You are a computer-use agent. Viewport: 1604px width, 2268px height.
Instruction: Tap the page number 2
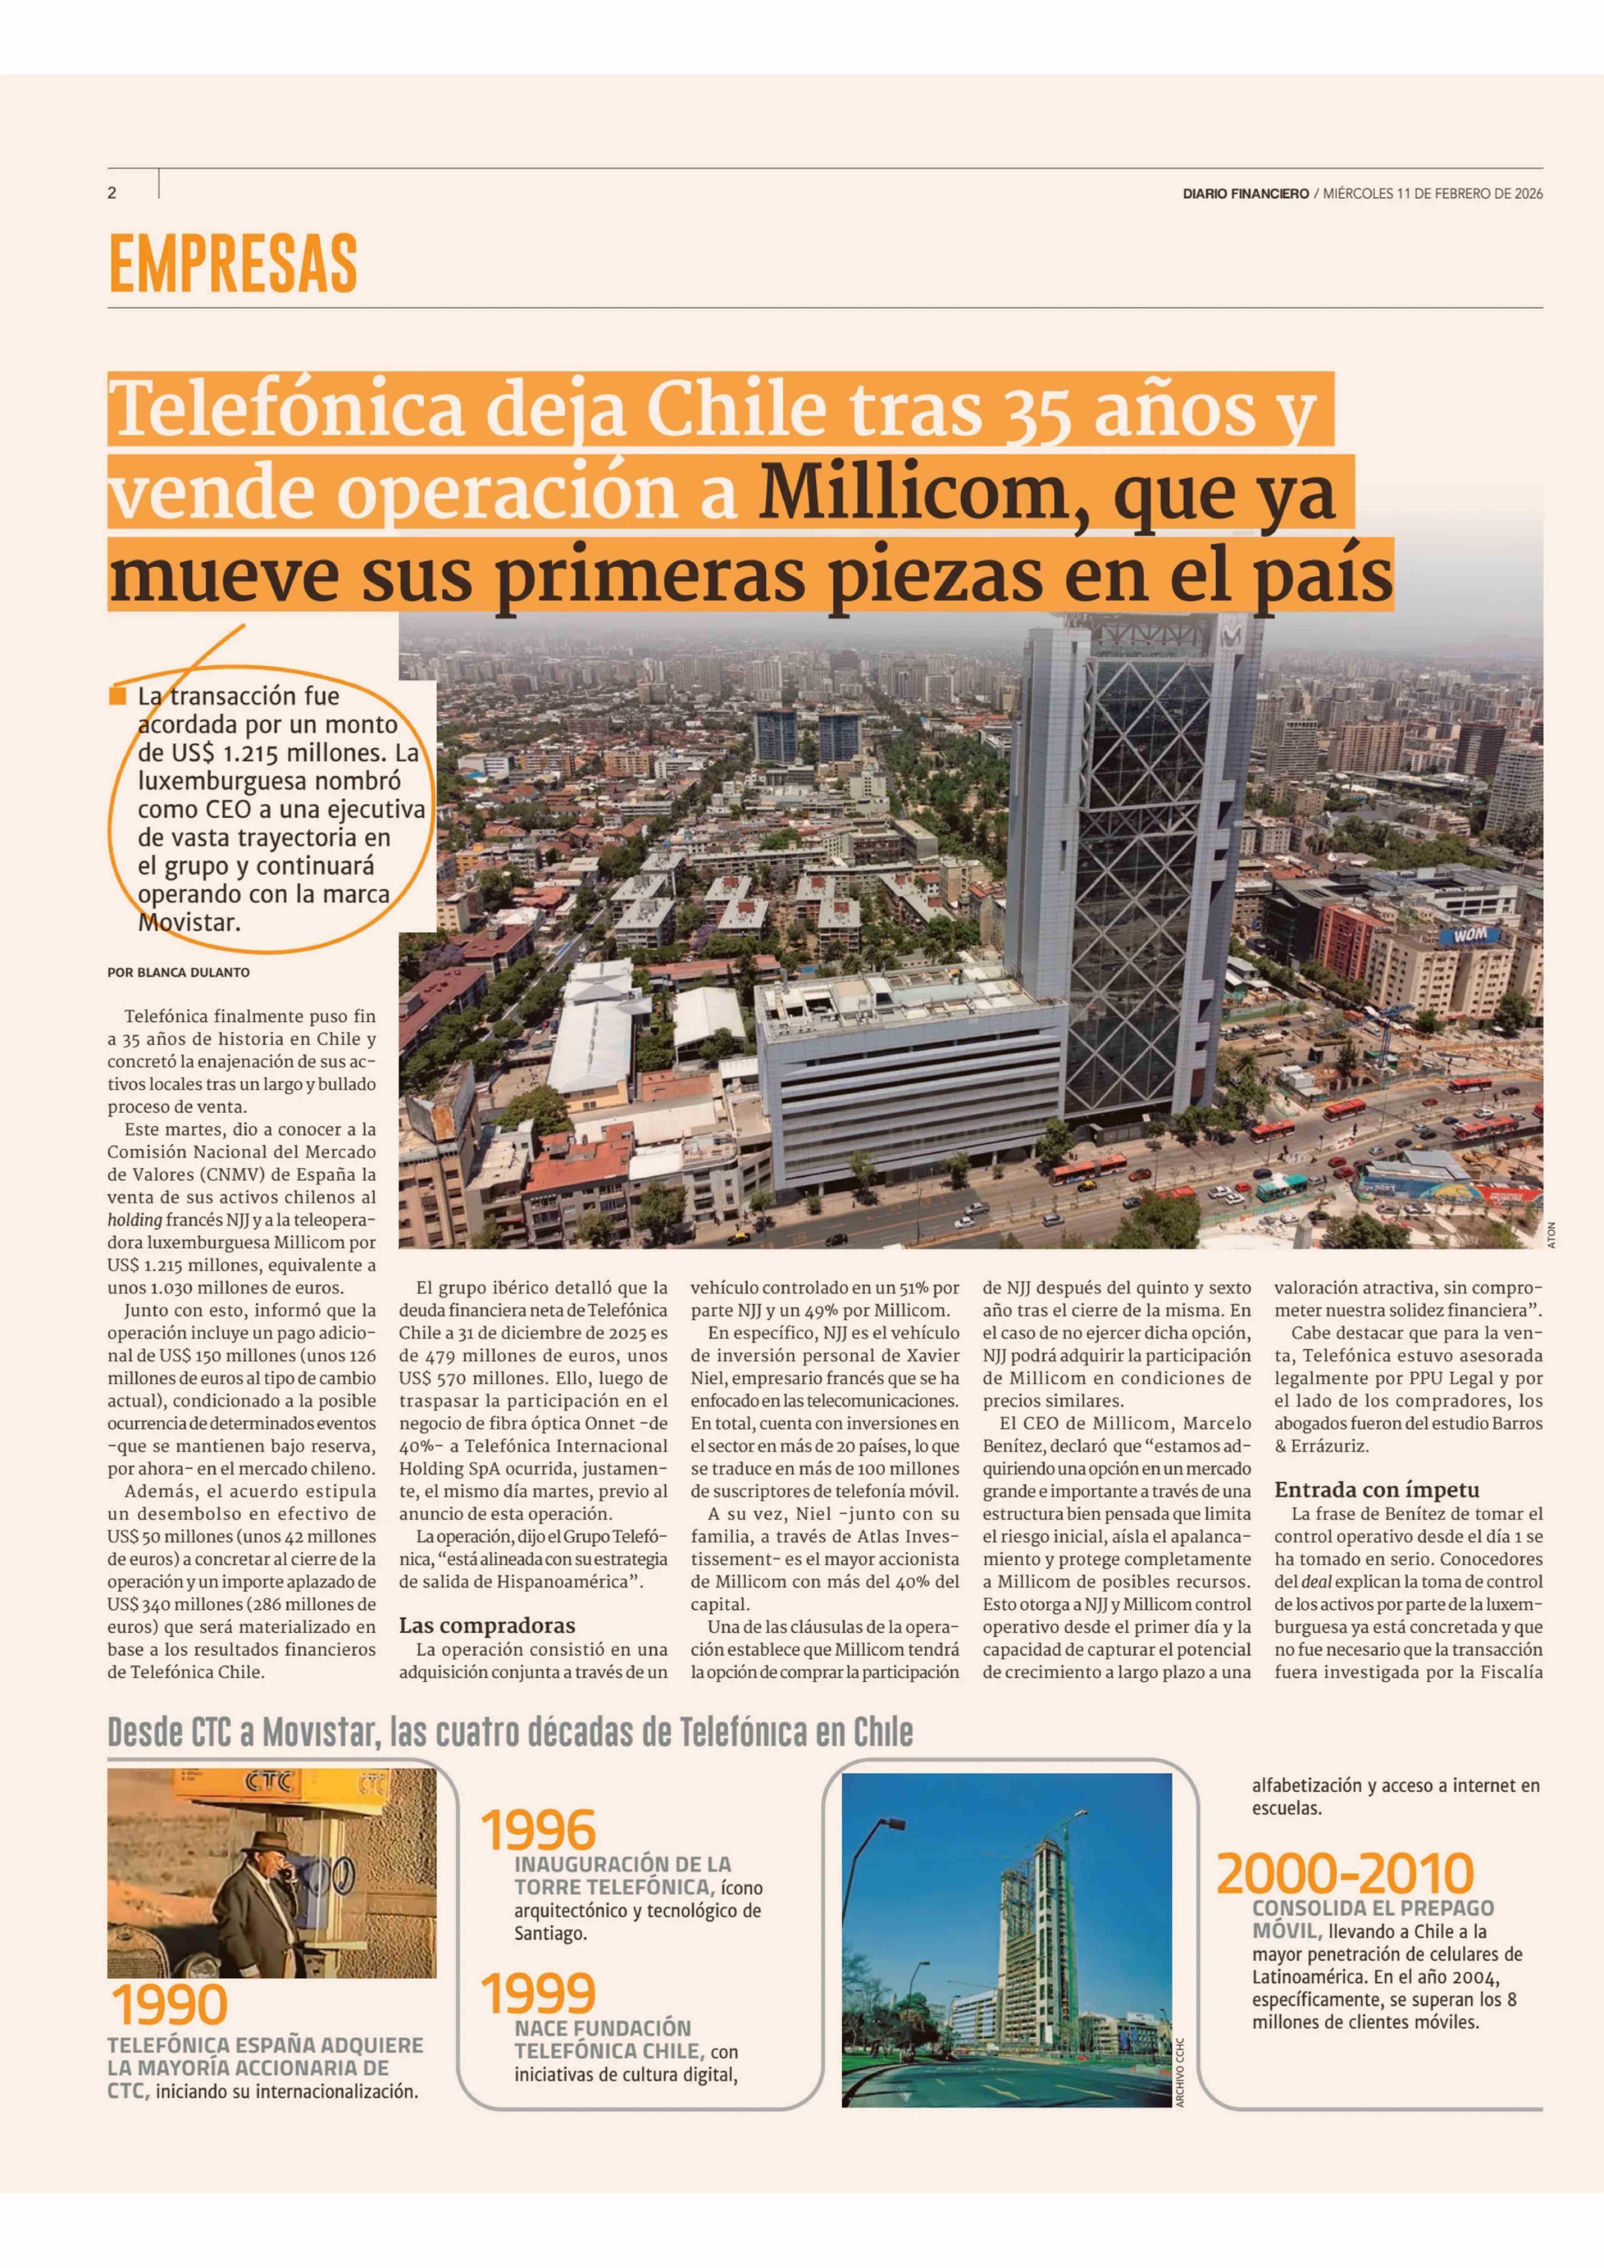112,194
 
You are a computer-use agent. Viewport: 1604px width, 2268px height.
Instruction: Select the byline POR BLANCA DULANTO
179,972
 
